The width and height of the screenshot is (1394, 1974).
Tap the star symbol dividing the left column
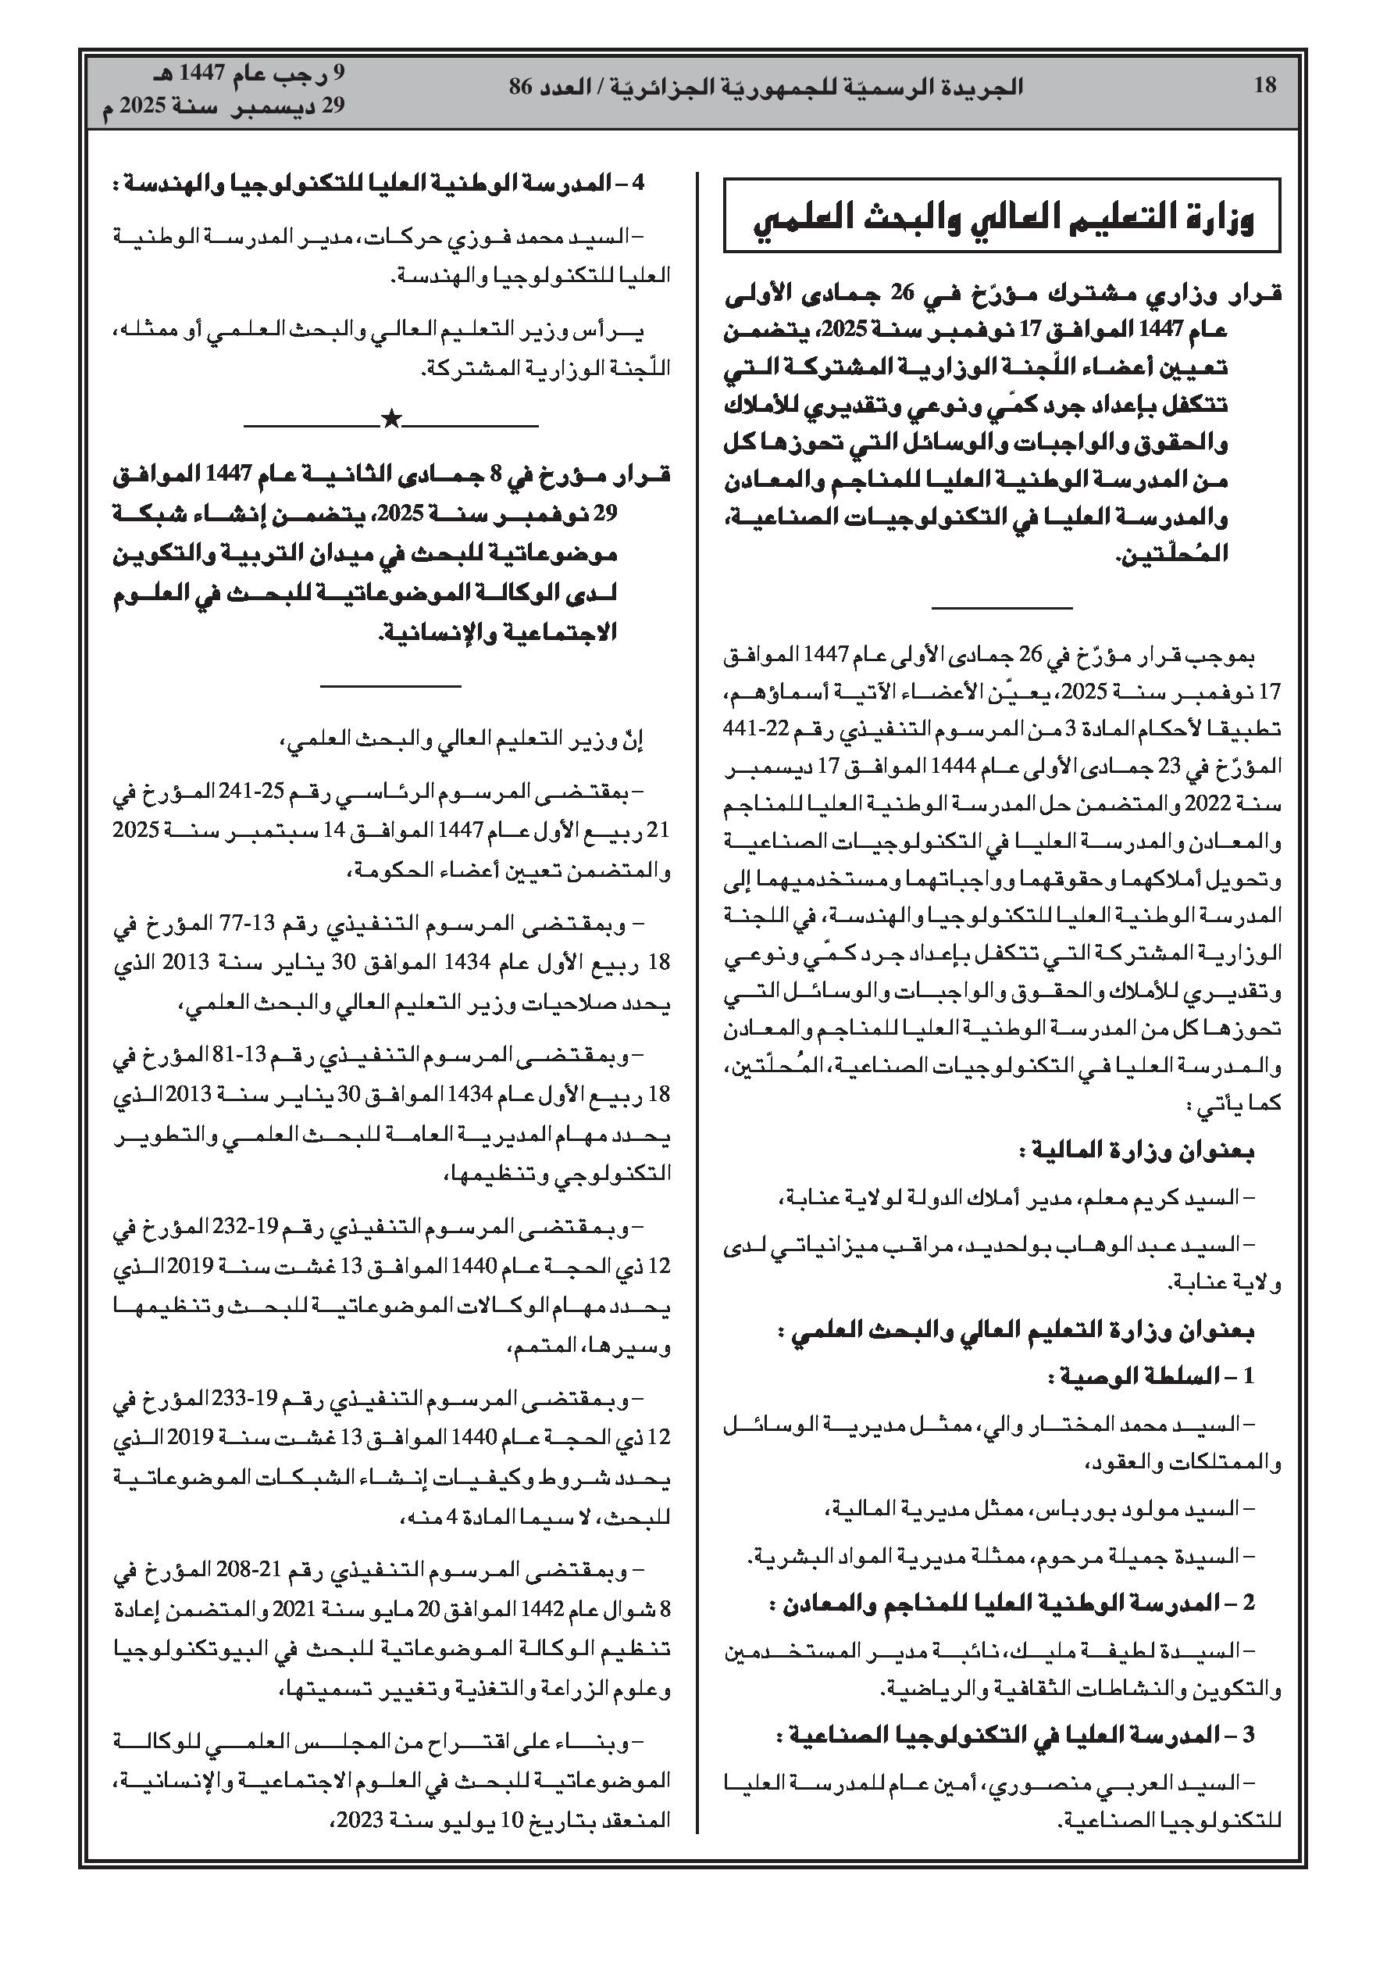point(391,420)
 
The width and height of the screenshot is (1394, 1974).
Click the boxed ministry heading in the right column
point(1002,215)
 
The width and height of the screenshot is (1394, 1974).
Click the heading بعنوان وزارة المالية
point(1136,1151)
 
